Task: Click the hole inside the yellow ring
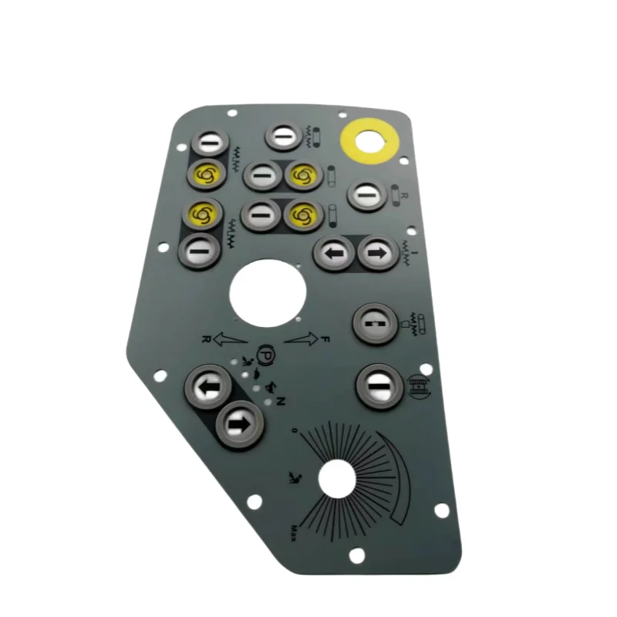click(369, 142)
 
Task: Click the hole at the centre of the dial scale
click(335, 478)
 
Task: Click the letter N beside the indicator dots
click(282, 401)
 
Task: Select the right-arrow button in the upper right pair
click(379, 253)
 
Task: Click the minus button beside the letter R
click(367, 196)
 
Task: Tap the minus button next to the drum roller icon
click(378, 385)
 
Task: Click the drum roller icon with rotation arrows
click(417, 386)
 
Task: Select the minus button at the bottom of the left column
click(199, 251)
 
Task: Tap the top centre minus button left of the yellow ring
click(285, 137)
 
